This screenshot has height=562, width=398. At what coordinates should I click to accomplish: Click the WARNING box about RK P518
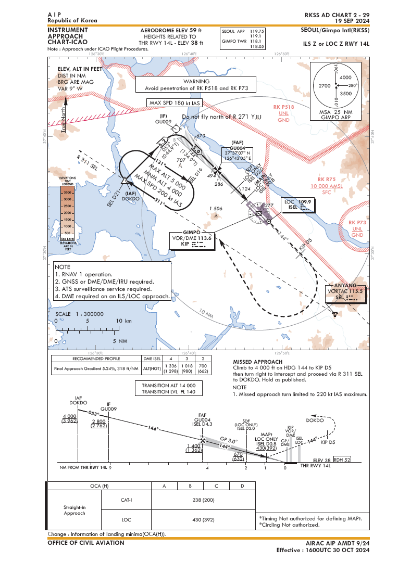point(196,85)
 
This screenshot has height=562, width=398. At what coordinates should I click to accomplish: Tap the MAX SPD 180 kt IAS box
point(172,103)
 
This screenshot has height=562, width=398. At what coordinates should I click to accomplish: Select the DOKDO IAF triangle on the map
point(126,181)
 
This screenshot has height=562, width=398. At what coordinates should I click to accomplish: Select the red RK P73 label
point(357,223)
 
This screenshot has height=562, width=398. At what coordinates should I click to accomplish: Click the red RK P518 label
point(283,107)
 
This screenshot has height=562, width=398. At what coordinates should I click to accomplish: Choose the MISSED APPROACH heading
point(257,362)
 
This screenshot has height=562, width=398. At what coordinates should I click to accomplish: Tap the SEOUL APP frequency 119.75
point(257,31)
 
